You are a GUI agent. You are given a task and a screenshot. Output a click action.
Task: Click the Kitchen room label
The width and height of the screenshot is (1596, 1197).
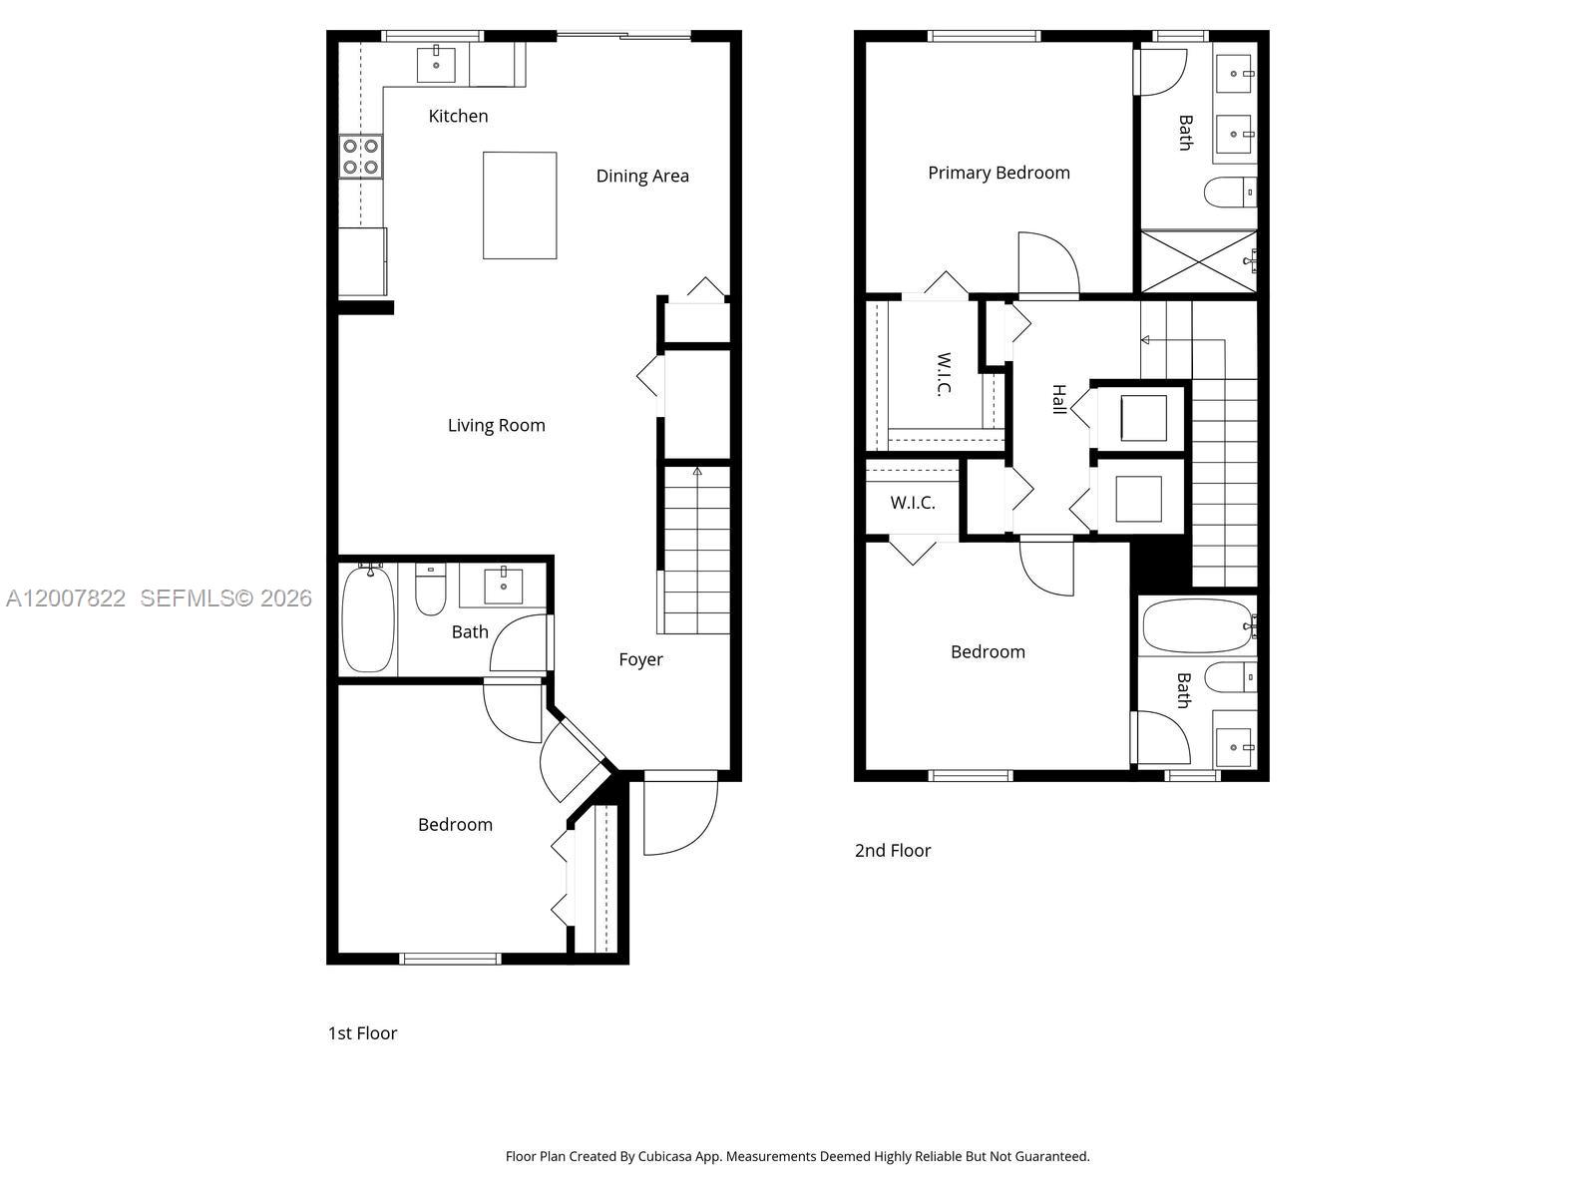pos(458,116)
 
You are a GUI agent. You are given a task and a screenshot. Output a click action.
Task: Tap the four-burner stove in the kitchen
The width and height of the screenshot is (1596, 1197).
pos(361,157)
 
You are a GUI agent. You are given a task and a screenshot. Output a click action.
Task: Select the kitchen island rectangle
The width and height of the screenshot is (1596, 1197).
pos(520,204)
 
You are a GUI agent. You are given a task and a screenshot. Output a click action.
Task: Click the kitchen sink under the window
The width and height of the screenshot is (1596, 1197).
pos(436,65)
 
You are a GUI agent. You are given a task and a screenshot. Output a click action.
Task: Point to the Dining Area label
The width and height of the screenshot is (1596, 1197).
pos(642,176)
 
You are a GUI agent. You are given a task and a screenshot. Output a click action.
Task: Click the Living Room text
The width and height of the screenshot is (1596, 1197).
pos(496,425)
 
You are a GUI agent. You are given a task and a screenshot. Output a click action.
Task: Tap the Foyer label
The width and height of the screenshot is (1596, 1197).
pos(640,659)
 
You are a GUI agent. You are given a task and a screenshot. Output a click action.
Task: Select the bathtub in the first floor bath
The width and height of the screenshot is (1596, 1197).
pos(368,618)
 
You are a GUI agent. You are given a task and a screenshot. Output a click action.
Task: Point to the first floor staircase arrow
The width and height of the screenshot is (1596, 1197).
pos(697,472)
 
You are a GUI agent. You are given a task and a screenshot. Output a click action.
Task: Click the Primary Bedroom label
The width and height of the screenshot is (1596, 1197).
pos(998,173)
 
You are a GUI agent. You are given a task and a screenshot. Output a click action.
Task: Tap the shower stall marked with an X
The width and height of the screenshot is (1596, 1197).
pos(1198,261)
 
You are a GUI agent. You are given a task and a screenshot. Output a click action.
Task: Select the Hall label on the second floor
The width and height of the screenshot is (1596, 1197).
pos(1059,399)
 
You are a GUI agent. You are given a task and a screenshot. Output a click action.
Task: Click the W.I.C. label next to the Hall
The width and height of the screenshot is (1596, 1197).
pos(943,374)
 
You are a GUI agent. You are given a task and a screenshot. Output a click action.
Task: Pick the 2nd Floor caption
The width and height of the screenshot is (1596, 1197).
pos(892,850)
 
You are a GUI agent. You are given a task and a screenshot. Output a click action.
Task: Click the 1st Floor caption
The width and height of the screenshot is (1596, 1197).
pos(362,1033)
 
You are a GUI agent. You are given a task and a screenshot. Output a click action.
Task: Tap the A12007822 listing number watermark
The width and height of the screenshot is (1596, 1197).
pos(66,598)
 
